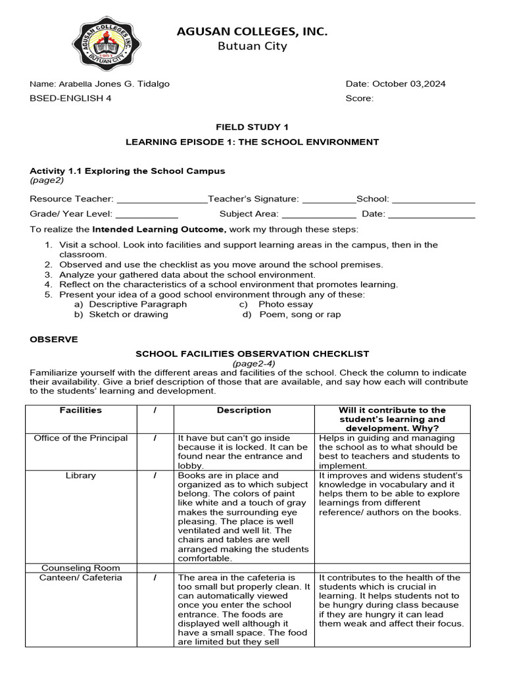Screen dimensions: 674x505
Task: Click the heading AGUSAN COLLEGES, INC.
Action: coord(252,32)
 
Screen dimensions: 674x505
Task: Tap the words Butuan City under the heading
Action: coord(252,46)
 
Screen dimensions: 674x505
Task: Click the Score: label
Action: coord(360,99)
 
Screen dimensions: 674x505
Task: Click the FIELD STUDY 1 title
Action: coord(252,127)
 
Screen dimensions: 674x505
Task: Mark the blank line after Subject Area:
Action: coord(318,215)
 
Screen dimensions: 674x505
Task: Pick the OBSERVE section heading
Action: coord(54,339)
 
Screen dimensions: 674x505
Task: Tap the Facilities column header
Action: coord(81,410)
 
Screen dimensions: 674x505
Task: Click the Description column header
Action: coord(244,410)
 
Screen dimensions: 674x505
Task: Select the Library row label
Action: coord(81,475)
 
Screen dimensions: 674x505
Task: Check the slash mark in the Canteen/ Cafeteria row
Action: coord(155,578)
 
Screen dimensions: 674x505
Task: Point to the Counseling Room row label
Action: coord(81,567)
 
